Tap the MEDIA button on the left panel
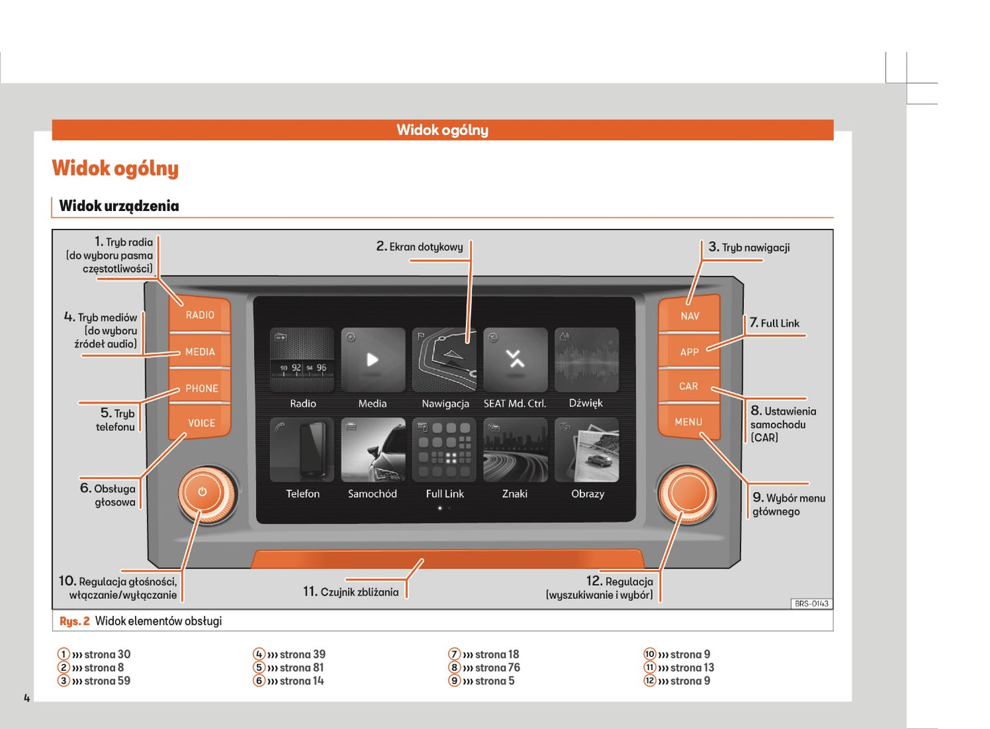[199, 351]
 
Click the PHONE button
[201, 388]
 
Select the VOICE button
[201, 423]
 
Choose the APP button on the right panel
[689, 352]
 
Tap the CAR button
[689, 386]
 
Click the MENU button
[689, 422]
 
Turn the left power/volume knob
[203, 493]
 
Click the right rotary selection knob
[687, 494]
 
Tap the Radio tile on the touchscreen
[302, 360]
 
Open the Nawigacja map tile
[444, 360]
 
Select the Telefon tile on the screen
[302, 450]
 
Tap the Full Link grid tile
[445, 450]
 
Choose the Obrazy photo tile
[586, 450]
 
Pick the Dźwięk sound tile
[586, 360]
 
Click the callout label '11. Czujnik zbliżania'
[351, 592]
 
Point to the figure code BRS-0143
[811, 604]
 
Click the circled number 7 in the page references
[454, 654]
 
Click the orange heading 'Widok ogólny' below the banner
[115, 169]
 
